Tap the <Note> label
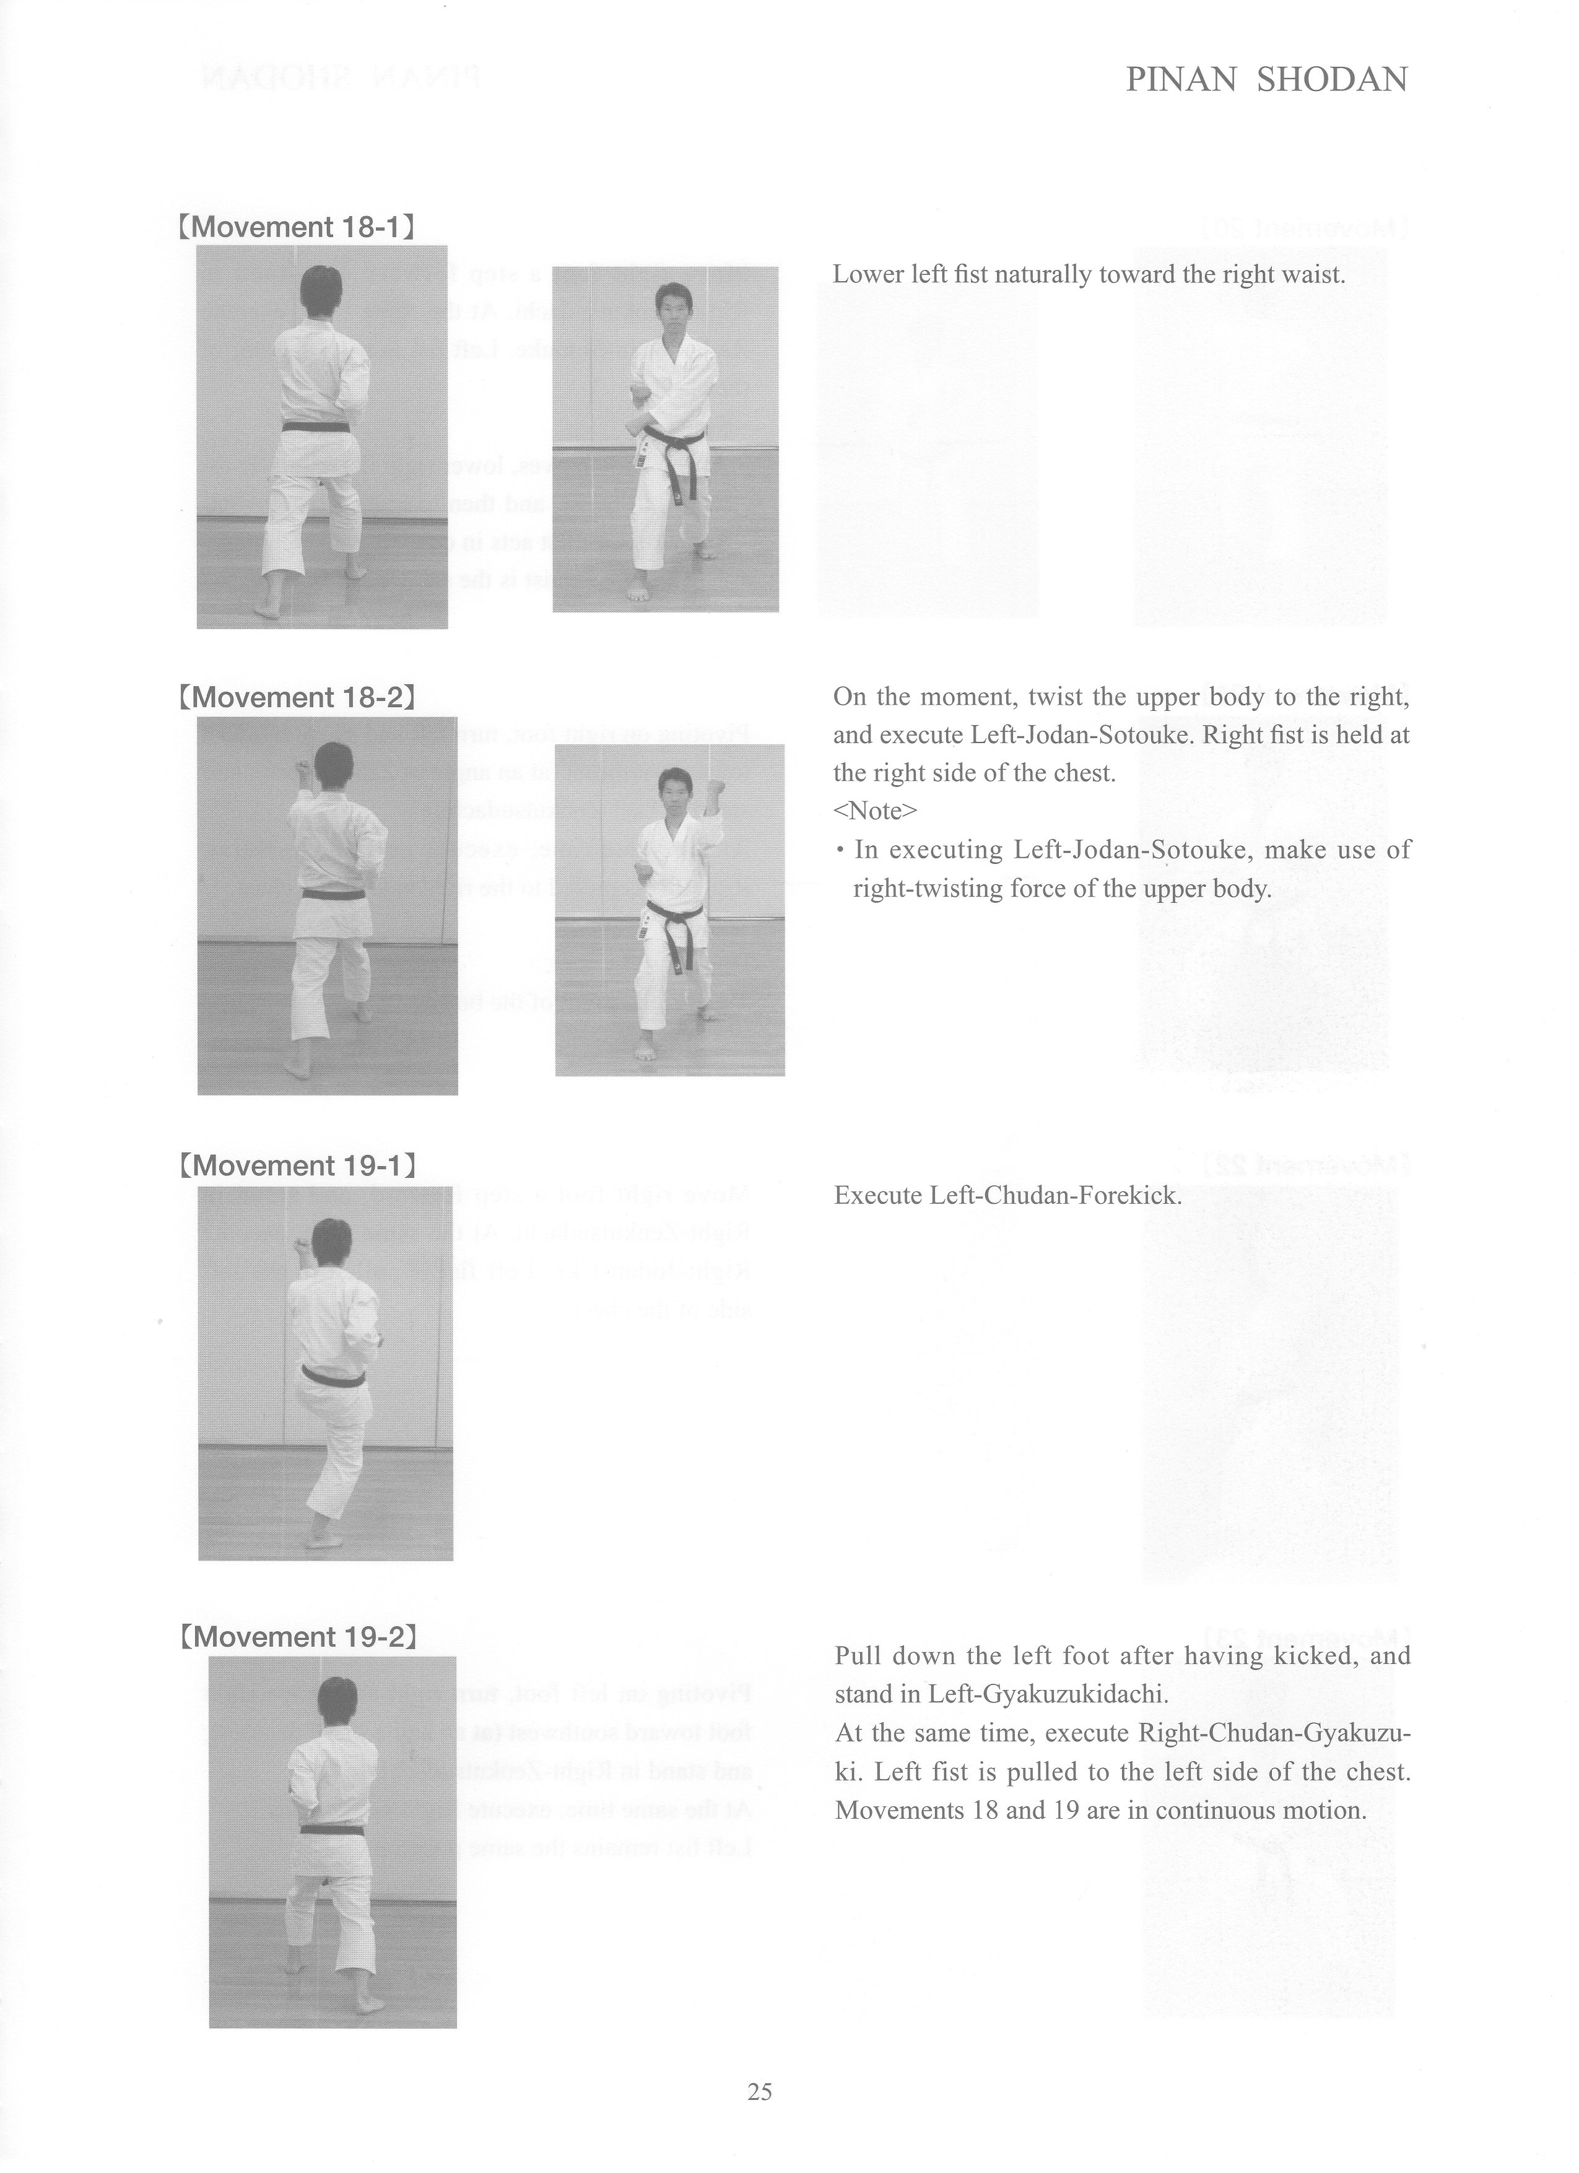pos(875,811)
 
